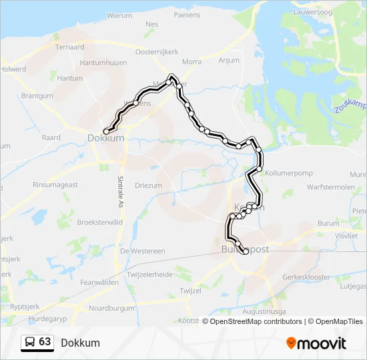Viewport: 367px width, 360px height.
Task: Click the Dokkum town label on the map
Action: click(105, 138)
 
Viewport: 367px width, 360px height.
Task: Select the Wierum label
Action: click(119, 15)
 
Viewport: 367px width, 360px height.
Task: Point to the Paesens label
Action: click(186, 15)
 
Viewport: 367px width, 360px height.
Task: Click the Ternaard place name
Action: click(69, 47)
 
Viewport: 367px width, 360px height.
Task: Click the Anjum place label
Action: click(229, 61)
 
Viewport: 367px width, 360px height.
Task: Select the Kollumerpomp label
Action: click(289, 173)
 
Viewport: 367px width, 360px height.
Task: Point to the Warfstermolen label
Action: click(327, 187)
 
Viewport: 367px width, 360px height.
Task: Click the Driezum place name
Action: click(148, 185)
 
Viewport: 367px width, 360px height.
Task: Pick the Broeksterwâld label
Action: click(101, 223)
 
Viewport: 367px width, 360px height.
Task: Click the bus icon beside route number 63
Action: click(30, 343)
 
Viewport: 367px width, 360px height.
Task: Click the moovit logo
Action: click(316, 343)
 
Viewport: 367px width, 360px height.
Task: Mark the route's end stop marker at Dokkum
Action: click(106, 131)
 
